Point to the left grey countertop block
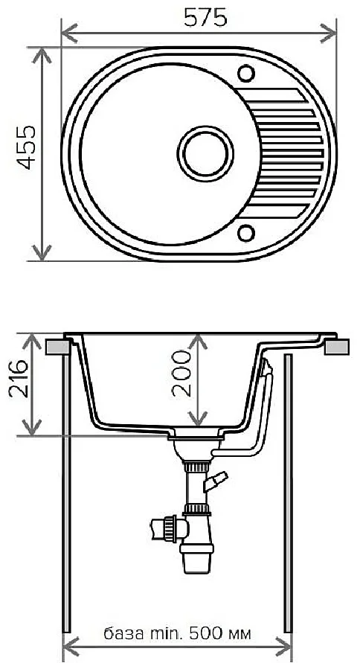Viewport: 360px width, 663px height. tap(56, 347)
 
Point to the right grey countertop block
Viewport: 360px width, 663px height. tap(338, 347)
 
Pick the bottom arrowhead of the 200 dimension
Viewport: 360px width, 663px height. tap(197, 420)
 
